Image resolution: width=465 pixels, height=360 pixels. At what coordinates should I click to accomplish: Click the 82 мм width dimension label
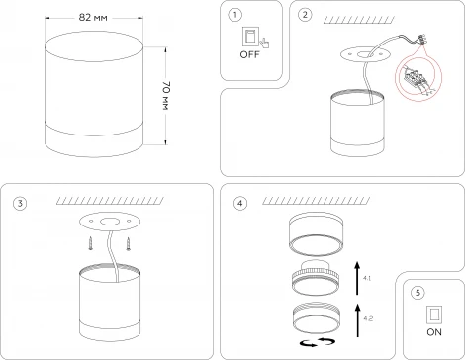tap(93, 18)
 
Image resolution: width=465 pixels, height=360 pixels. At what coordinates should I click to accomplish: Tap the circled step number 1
tap(234, 15)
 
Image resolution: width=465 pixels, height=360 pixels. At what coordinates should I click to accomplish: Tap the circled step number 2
tap(304, 15)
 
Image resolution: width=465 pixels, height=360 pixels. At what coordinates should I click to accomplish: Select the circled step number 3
tap(20, 204)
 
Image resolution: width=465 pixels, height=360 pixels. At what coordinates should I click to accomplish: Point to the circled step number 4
tap(240, 204)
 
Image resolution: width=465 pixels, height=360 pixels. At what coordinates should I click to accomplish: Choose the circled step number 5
tap(418, 293)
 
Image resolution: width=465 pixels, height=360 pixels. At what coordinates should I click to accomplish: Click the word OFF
tap(249, 54)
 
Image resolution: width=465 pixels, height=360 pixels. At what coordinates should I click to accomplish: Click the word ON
tap(434, 332)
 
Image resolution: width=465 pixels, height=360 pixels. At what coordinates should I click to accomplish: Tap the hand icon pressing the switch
tap(264, 44)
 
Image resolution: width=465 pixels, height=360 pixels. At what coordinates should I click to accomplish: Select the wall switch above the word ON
tap(434, 315)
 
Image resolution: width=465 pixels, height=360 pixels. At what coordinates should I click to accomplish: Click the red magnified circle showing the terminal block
tap(418, 79)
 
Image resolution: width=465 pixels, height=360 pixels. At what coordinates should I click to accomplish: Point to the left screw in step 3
tap(90, 244)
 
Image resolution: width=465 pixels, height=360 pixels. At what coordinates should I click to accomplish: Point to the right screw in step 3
tap(128, 244)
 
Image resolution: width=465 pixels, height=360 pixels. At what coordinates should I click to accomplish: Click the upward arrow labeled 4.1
tap(357, 278)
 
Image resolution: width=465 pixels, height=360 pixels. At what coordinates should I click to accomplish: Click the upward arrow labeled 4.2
tap(358, 320)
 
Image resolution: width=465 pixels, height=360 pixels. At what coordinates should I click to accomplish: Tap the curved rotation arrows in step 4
tap(318, 342)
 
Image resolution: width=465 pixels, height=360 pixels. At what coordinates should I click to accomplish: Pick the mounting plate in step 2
tap(365, 54)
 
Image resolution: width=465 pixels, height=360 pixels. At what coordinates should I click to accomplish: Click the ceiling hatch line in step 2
tap(359, 20)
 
